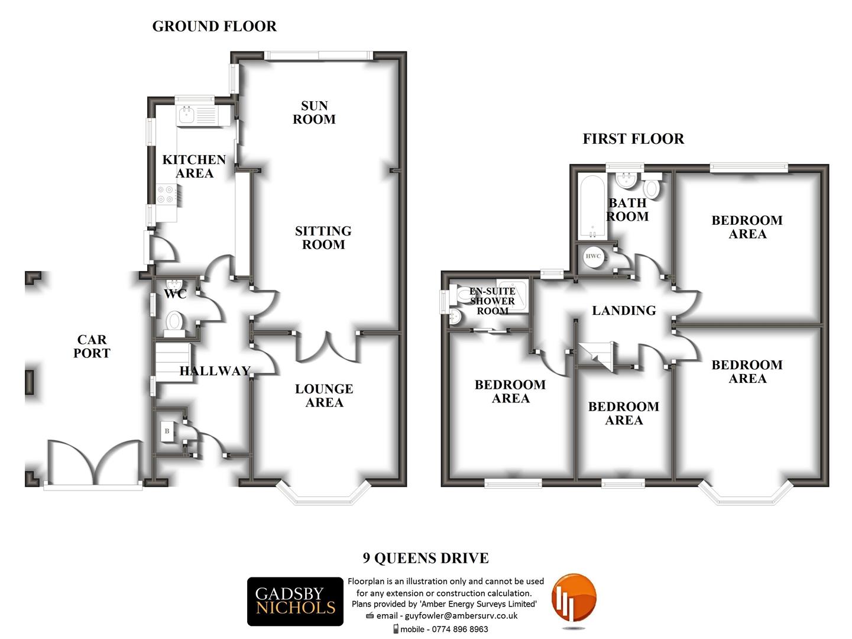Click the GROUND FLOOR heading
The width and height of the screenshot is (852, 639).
(x=214, y=27)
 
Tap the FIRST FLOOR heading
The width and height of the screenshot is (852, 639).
(x=633, y=139)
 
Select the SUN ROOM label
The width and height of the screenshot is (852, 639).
(x=314, y=112)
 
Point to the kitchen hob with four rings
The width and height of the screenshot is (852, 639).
(x=166, y=195)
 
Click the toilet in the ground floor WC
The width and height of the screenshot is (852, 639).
(x=174, y=322)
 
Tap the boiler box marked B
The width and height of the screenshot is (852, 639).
(x=167, y=431)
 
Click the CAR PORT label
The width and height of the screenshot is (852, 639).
(x=92, y=346)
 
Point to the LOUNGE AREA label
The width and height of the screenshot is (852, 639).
(x=324, y=395)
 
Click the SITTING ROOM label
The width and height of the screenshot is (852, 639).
(x=323, y=237)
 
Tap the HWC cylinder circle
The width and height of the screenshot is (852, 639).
(x=593, y=256)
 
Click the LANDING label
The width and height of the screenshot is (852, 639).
(x=624, y=311)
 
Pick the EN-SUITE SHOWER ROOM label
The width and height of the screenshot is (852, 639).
(x=493, y=301)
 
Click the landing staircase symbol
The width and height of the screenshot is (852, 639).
(x=596, y=354)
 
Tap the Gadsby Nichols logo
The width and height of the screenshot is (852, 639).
(x=295, y=601)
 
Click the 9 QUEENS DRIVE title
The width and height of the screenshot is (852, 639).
(x=426, y=558)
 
